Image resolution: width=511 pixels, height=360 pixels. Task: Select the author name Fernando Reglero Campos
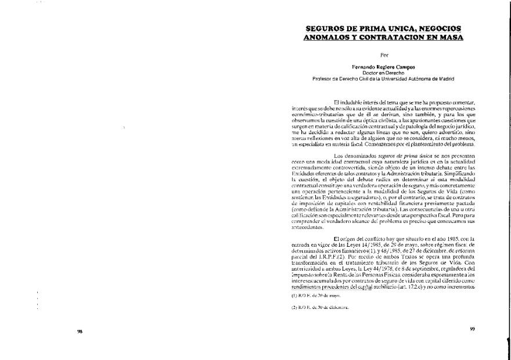click(x=383, y=67)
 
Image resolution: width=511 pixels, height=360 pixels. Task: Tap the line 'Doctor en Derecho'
click(x=383, y=73)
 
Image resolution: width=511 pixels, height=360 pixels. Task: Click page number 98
click(x=80, y=331)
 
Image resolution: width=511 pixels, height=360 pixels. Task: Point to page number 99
click(x=472, y=329)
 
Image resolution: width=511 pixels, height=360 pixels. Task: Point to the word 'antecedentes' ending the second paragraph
click(x=308, y=227)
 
